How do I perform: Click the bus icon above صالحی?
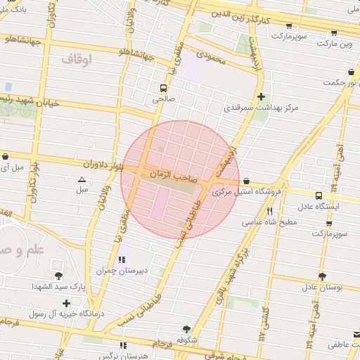tap(163, 89)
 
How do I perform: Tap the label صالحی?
tap(163, 100)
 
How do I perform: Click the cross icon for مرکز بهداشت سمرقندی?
tap(261, 96)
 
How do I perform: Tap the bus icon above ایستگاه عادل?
tap(319, 195)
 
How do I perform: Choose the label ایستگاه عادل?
tap(320, 207)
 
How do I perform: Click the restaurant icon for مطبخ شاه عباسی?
tap(269, 211)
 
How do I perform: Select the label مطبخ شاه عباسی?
tap(270, 222)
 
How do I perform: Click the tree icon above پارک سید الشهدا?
tap(58, 276)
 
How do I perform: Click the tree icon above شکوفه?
tap(186, 328)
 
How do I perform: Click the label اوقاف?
tap(77, 60)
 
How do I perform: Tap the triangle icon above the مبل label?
tap(82, 179)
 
